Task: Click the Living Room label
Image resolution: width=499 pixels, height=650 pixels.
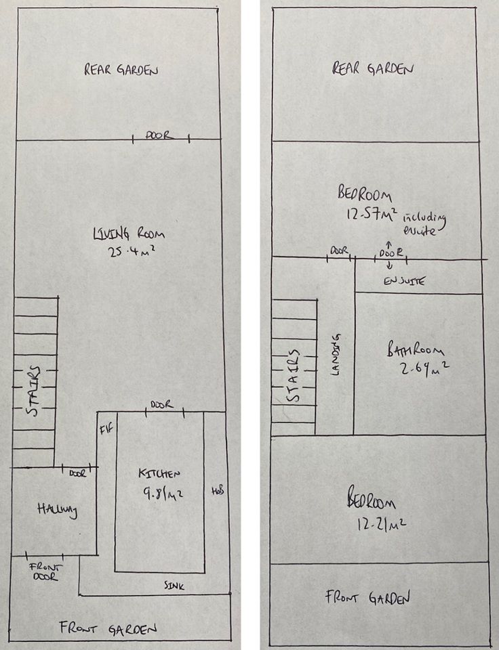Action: (129, 235)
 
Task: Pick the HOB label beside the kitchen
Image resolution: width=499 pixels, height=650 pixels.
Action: (218, 490)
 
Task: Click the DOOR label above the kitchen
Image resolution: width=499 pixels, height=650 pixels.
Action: (161, 405)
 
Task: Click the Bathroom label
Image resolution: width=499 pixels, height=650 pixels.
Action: (415, 351)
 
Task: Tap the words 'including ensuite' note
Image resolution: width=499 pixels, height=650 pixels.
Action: (426, 223)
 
